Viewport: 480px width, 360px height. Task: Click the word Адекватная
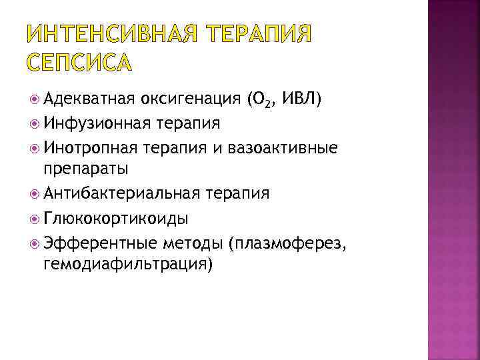[89, 100]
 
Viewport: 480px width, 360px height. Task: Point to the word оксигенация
[191, 100]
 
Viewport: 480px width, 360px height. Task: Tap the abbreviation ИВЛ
[301, 100]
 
